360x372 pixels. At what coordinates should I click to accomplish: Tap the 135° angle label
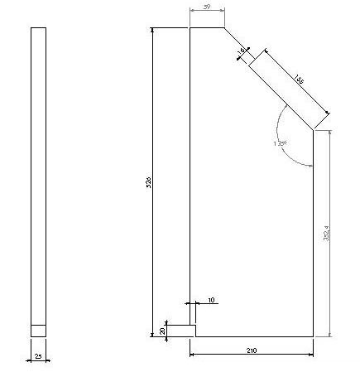tap(280, 143)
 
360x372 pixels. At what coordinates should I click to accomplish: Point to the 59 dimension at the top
tap(206, 7)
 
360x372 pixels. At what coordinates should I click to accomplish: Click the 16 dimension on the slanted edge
tap(242, 52)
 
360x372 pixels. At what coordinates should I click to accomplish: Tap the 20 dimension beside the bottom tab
tap(162, 331)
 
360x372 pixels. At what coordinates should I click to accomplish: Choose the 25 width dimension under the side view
tap(38, 358)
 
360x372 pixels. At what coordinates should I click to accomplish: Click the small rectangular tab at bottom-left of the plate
tap(182, 330)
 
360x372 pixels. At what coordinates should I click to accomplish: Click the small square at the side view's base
tap(38, 330)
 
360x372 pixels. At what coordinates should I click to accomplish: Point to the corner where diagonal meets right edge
tap(313, 129)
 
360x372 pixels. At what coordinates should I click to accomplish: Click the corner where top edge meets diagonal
tap(223, 28)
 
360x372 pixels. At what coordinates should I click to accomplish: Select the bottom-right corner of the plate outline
tap(313, 336)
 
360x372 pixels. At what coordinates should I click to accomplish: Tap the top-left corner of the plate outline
tap(190, 28)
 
